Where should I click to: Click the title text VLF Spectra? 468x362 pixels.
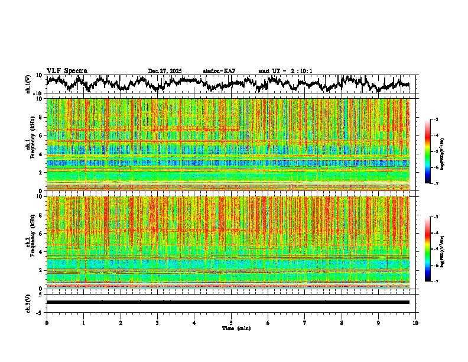click(67, 70)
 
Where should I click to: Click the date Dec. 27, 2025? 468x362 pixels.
click(165, 71)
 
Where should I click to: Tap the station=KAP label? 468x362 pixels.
click(219, 71)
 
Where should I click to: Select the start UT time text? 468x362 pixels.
click(285, 71)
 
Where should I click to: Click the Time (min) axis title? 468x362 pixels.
click(236, 328)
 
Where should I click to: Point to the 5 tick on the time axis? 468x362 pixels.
click(231, 322)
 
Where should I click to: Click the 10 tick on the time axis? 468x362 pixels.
click(415, 322)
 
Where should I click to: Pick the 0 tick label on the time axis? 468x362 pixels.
click(47, 322)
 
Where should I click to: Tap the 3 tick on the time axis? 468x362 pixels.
click(157, 322)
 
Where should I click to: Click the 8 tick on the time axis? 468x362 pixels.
click(342, 322)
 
